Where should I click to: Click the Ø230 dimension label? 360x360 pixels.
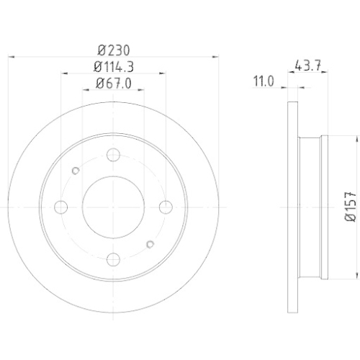point(114,51)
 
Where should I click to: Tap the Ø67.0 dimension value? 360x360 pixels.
point(114,84)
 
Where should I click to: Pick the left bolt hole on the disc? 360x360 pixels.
point(61,207)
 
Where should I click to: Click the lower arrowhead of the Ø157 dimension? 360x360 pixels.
point(356,278)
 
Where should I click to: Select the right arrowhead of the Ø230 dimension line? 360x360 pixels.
point(215,58)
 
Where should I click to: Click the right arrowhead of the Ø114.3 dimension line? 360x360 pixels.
point(164,74)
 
